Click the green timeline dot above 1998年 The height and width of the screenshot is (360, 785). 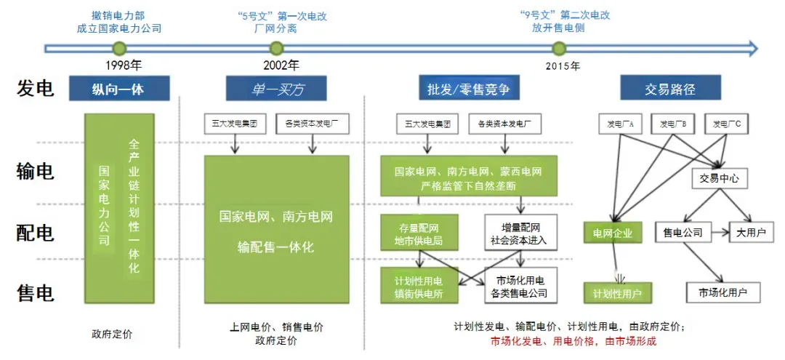coord(120,49)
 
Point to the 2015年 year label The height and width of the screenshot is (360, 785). coord(563,66)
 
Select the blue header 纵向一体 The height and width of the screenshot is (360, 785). coord(120,89)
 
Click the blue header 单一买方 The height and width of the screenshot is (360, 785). coord(275,89)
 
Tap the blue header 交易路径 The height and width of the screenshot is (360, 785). coord(670,89)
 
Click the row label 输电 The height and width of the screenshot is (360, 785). coord(36,172)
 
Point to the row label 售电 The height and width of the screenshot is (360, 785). coord(36,293)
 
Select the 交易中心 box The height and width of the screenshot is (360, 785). coord(719,177)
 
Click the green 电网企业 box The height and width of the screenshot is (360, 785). coord(613,233)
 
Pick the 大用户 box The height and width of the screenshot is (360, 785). coord(752,233)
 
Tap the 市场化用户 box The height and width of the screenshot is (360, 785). coord(724,292)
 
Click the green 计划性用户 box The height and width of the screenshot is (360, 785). coord(617,292)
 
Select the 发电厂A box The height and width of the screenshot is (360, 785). coord(621,124)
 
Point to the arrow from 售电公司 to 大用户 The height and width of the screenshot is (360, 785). coord(720,233)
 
